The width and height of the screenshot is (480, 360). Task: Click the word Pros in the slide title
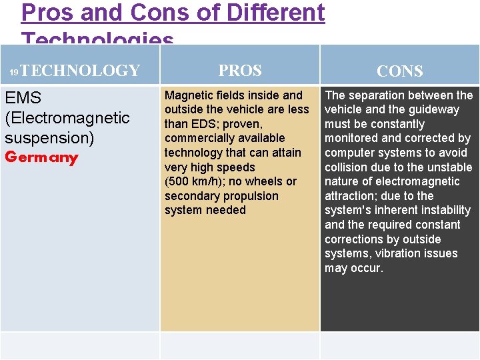45,12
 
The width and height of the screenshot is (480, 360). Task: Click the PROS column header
240,70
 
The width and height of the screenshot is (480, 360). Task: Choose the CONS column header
400,71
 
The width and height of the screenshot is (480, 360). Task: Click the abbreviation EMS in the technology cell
23,98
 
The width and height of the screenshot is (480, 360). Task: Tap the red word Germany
41,158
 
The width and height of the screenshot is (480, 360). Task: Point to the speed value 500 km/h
193,181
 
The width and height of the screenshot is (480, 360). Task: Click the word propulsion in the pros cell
249,196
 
